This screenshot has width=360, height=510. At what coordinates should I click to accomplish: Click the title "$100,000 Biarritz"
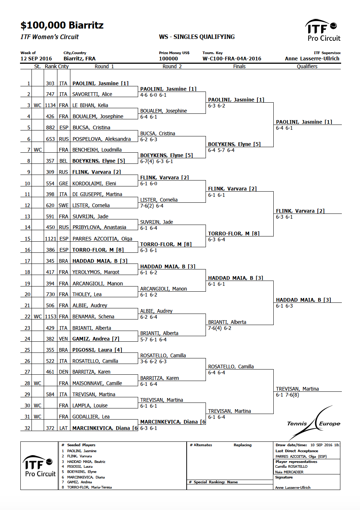pos(62,25)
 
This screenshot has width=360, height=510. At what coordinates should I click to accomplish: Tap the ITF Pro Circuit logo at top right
pos(323,30)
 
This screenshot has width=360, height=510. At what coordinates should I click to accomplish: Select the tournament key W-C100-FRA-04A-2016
pos(231,59)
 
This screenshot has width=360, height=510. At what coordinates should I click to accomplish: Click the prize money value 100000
pos(168,59)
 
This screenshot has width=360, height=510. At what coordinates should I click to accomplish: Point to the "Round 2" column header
pos(172,66)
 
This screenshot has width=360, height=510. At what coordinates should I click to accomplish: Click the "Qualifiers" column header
pos(307,66)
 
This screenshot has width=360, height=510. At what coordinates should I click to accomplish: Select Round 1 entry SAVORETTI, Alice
pos(92,94)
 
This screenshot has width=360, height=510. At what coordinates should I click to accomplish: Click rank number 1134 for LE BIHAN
pos(50,105)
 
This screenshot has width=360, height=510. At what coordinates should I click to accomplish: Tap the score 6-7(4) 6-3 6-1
pos(156,161)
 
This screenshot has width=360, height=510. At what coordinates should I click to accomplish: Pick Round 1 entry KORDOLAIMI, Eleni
pos(94,183)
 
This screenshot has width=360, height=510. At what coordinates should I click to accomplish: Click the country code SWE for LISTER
pos(63,205)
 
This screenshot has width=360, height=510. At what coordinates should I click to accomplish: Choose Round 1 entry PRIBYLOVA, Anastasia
pos(99,227)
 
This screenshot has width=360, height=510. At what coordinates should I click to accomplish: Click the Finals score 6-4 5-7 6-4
pos(221,150)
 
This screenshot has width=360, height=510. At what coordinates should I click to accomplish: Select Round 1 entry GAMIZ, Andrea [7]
pos(96,339)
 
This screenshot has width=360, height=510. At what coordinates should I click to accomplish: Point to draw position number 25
pos(27,350)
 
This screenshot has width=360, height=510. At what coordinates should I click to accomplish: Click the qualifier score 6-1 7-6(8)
pos(287,395)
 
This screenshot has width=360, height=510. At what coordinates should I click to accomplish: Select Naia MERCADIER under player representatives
pos(289,472)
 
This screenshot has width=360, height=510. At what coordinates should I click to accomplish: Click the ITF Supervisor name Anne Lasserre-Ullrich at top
pos(312,59)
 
